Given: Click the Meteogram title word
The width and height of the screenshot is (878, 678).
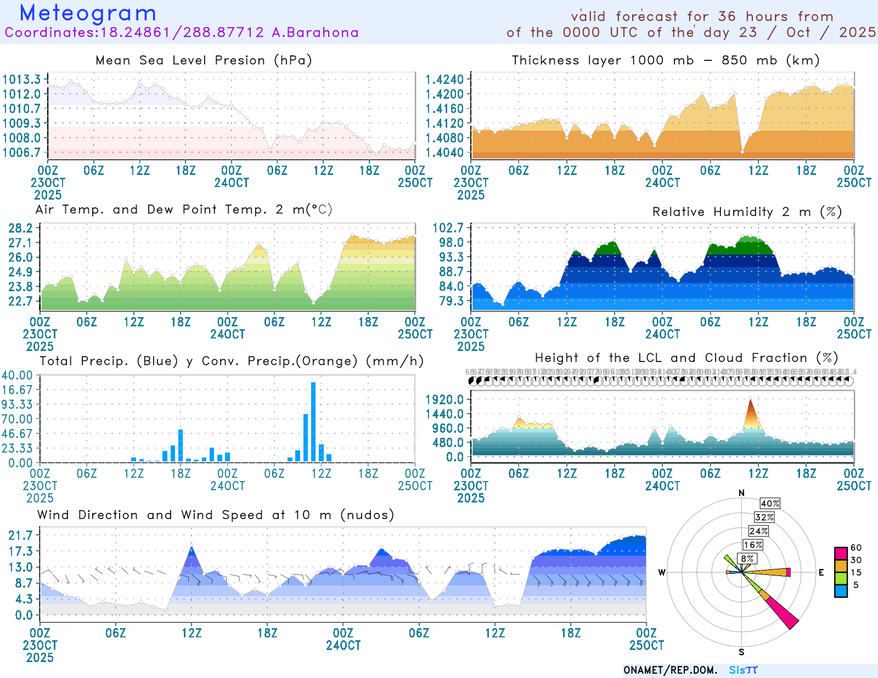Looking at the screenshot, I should [x=88, y=13].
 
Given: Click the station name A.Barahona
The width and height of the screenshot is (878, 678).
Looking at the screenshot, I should [x=315, y=33].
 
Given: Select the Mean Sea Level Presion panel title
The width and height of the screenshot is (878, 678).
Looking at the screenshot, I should [x=204, y=60].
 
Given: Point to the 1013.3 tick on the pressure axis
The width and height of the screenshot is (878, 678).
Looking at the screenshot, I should [x=21, y=80].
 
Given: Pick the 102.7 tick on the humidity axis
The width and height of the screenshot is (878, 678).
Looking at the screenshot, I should [x=448, y=228].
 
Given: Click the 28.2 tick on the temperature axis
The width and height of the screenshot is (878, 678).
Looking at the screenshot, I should [x=20, y=228].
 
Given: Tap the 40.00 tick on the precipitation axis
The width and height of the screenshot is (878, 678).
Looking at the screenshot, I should [x=17, y=375].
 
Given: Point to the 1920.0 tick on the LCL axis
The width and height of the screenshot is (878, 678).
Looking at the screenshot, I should [x=444, y=399].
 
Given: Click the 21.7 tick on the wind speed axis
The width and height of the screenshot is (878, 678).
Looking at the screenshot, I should [x=20, y=535].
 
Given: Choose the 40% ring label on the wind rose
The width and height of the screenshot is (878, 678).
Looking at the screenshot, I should [x=770, y=504].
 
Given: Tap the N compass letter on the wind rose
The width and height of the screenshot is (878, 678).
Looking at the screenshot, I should [x=742, y=493].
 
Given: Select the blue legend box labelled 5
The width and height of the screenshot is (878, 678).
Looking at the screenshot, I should [x=841, y=591].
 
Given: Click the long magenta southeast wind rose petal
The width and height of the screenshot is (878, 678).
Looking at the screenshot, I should [x=783, y=613].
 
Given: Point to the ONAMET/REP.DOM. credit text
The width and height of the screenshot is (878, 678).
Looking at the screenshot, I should [x=671, y=670].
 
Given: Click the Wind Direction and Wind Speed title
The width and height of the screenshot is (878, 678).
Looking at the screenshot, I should [x=216, y=515].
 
